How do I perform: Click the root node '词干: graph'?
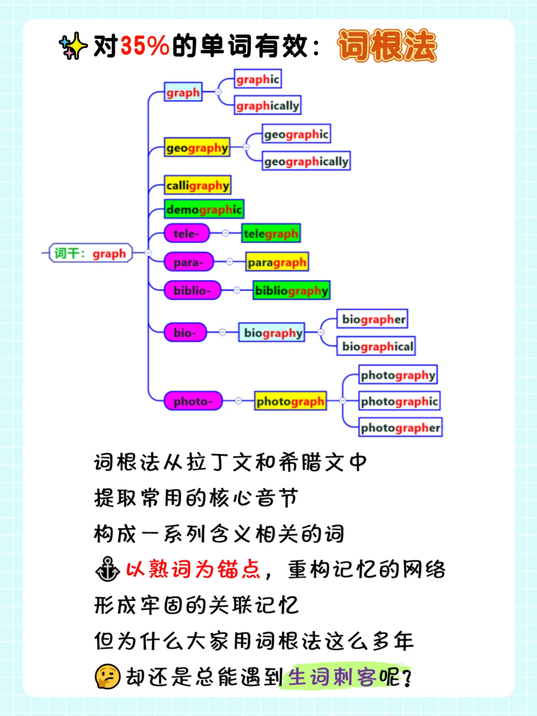[x=90, y=253]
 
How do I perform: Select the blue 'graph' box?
[x=183, y=92]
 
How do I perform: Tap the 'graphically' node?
[x=268, y=105]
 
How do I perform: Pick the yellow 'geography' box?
[x=197, y=148]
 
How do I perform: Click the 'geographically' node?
[x=306, y=161]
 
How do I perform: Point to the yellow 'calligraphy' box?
[x=198, y=185]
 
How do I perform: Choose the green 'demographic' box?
[x=204, y=209]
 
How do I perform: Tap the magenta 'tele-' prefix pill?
[x=186, y=233]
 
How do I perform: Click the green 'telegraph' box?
[x=271, y=233]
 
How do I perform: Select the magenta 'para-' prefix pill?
[x=188, y=262]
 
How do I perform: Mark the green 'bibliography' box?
[x=291, y=290]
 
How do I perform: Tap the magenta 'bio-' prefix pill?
[x=185, y=333]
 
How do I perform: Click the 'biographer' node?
[x=373, y=319]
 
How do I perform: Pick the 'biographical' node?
[x=377, y=346]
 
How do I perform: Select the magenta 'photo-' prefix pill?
[x=193, y=401]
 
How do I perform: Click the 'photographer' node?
[x=400, y=428]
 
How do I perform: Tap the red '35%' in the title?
[x=145, y=46]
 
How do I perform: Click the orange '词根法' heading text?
[x=387, y=46]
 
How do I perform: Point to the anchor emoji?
[x=107, y=569]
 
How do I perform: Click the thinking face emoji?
[x=107, y=677]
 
